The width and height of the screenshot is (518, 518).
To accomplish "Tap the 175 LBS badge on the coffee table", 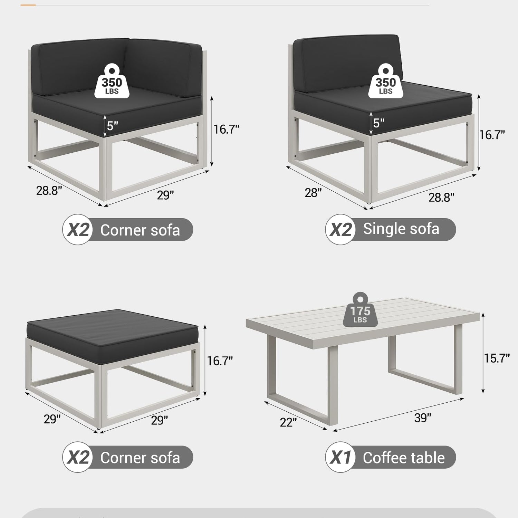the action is coord(360,309).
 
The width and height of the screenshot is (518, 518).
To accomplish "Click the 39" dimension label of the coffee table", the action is coord(423,418).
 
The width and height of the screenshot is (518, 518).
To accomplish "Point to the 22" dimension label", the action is coord(288,422).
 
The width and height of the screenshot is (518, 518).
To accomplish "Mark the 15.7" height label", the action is coord(497,358).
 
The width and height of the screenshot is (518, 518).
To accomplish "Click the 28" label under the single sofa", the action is coord(313,193).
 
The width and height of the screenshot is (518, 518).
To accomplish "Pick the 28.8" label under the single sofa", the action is coord(441,197).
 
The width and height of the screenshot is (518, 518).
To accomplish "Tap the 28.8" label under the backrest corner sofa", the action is coord(49,190).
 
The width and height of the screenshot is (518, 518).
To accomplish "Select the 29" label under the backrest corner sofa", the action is coord(165,195).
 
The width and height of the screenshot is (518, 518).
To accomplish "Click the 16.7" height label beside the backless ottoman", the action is coord(220,361).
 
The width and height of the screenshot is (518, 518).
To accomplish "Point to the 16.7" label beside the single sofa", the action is coord(492,135).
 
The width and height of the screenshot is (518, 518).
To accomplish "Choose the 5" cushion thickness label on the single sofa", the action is coord(378,123).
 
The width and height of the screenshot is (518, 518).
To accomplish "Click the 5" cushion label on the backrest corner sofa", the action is coord(112,126).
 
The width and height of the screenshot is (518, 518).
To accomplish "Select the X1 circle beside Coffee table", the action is coord(340,457).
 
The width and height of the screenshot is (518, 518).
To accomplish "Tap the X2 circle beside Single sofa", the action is coord(340,229).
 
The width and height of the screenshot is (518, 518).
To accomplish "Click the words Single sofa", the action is coord(401,229).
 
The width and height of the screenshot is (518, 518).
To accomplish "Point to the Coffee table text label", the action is coord(404,458).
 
